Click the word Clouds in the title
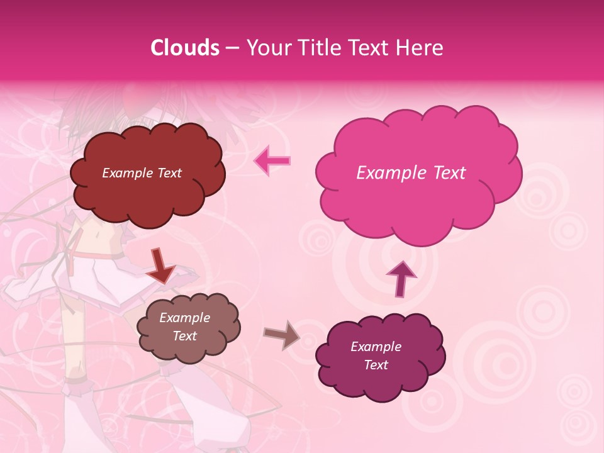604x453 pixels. tap(185, 48)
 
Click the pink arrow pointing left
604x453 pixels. tap(272, 160)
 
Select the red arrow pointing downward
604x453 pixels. tap(160, 266)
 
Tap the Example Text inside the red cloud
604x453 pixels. tap(142, 173)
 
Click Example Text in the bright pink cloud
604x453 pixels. tap(411, 173)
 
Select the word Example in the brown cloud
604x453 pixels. tap(184, 318)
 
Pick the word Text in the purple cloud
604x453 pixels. tap(376, 365)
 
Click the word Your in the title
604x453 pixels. tap(266, 48)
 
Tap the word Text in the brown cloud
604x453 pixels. tap(184, 336)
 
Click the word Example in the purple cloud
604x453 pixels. tap(376, 347)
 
